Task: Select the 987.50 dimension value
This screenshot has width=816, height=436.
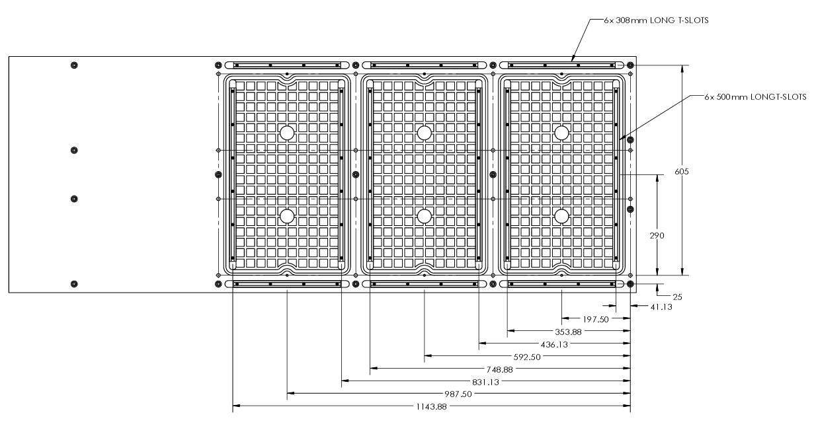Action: (458, 394)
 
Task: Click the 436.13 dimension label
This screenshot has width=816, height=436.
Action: (554, 344)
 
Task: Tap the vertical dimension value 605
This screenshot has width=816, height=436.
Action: (682, 172)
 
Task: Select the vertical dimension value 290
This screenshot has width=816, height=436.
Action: (656, 235)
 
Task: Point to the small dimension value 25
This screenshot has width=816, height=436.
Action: (676, 297)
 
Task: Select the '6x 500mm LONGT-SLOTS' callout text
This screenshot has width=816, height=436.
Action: (755, 96)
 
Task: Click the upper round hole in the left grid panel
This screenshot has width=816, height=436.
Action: (286, 133)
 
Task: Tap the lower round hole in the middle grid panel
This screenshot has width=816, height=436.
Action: (425, 216)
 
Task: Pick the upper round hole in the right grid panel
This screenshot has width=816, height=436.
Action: (562, 133)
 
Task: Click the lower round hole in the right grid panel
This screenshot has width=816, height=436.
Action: (562, 216)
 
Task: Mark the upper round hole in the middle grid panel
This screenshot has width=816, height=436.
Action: (425, 133)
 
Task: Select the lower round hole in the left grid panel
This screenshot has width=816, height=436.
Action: (286, 216)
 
